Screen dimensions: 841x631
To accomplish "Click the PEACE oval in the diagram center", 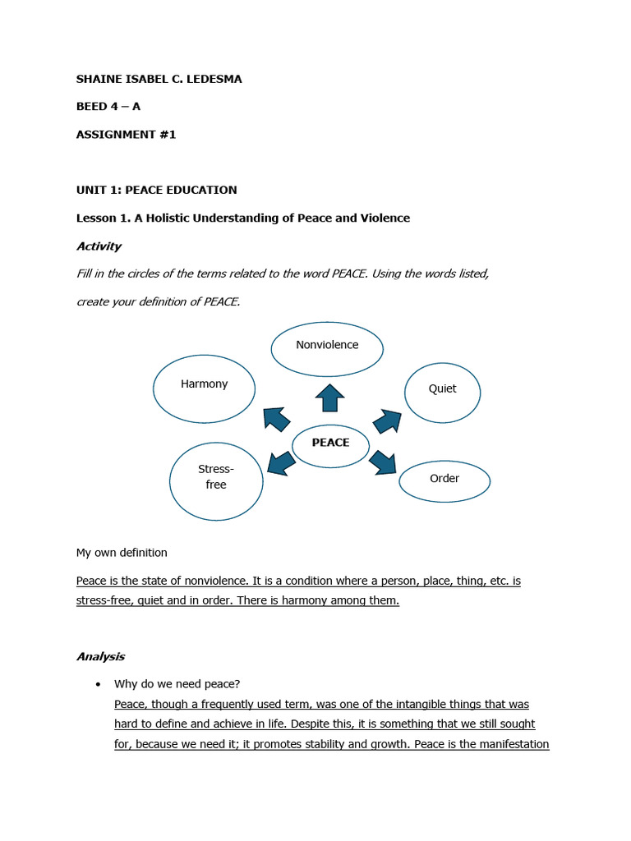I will [x=331, y=443].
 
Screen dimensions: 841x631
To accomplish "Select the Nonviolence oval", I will [x=327, y=349].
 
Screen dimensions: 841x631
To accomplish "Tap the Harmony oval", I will [x=204, y=388].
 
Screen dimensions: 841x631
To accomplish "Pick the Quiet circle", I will [x=442, y=393].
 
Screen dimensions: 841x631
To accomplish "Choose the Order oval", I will [x=444, y=481].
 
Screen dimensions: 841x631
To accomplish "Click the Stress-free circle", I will [x=216, y=480].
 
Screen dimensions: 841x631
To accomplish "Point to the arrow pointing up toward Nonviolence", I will [x=329, y=398].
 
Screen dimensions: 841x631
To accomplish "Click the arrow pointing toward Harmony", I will [x=276, y=419].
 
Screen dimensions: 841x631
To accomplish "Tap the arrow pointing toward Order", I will [x=383, y=462].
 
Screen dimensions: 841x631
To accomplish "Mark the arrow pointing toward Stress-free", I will [x=281, y=464].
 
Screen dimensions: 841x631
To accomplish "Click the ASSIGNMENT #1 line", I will [x=127, y=135].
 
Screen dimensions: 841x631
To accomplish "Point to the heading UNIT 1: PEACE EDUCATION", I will [x=156, y=190].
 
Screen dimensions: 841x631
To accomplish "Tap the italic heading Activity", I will [x=99, y=246].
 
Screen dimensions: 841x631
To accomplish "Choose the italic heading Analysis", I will [x=100, y=656].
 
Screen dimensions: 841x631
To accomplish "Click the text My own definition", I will [x=122, y=553].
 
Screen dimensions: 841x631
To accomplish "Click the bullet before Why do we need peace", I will [x=99, y=684].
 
